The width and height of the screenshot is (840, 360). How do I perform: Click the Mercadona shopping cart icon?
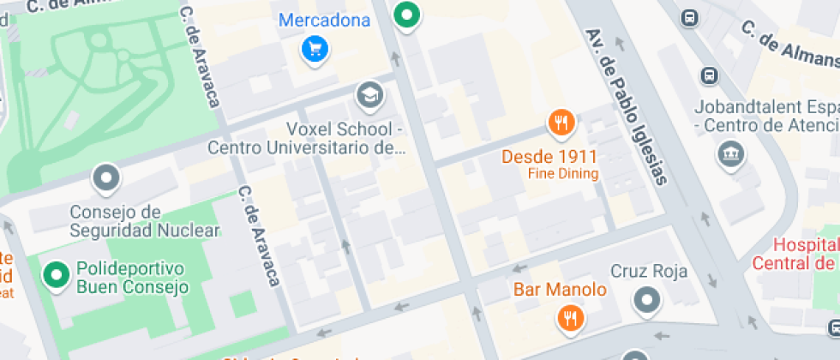pyautogui.click(x=315, y=48)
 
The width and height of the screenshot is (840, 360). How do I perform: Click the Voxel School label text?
pyautogui.click(x=306, y=138)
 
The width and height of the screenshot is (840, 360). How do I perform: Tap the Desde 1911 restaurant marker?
pyautogui.click(x=561, y=123)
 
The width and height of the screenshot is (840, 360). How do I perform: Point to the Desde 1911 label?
pyautogui.click(x=549, y=157)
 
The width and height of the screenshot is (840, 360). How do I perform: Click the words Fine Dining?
pyautogui.click(x=563, y=174)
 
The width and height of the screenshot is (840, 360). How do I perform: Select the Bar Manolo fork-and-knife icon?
pyautogui.click(x=570, y=319)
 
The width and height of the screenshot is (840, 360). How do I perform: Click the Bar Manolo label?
pyautogui.click(x=560, y=290)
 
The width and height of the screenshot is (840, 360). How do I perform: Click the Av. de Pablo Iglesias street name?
pyautogui.click(x=625, y=105)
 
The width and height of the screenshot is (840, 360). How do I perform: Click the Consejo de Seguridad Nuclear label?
pyautogui.click(x=145, y=220)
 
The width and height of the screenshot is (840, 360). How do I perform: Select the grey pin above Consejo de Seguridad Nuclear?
pyautogui.click(x=106, y=178)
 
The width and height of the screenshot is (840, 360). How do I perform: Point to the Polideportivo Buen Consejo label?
pyautogui.click(x=132, y=277)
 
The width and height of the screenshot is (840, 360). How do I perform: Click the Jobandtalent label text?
pyautogui.click(x=768, y=117)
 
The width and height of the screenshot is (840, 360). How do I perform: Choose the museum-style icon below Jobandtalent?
pyautogui.click(x=730, y=155)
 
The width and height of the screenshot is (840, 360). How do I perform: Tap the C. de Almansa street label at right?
pyautogui.click(x=789, y=45)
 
